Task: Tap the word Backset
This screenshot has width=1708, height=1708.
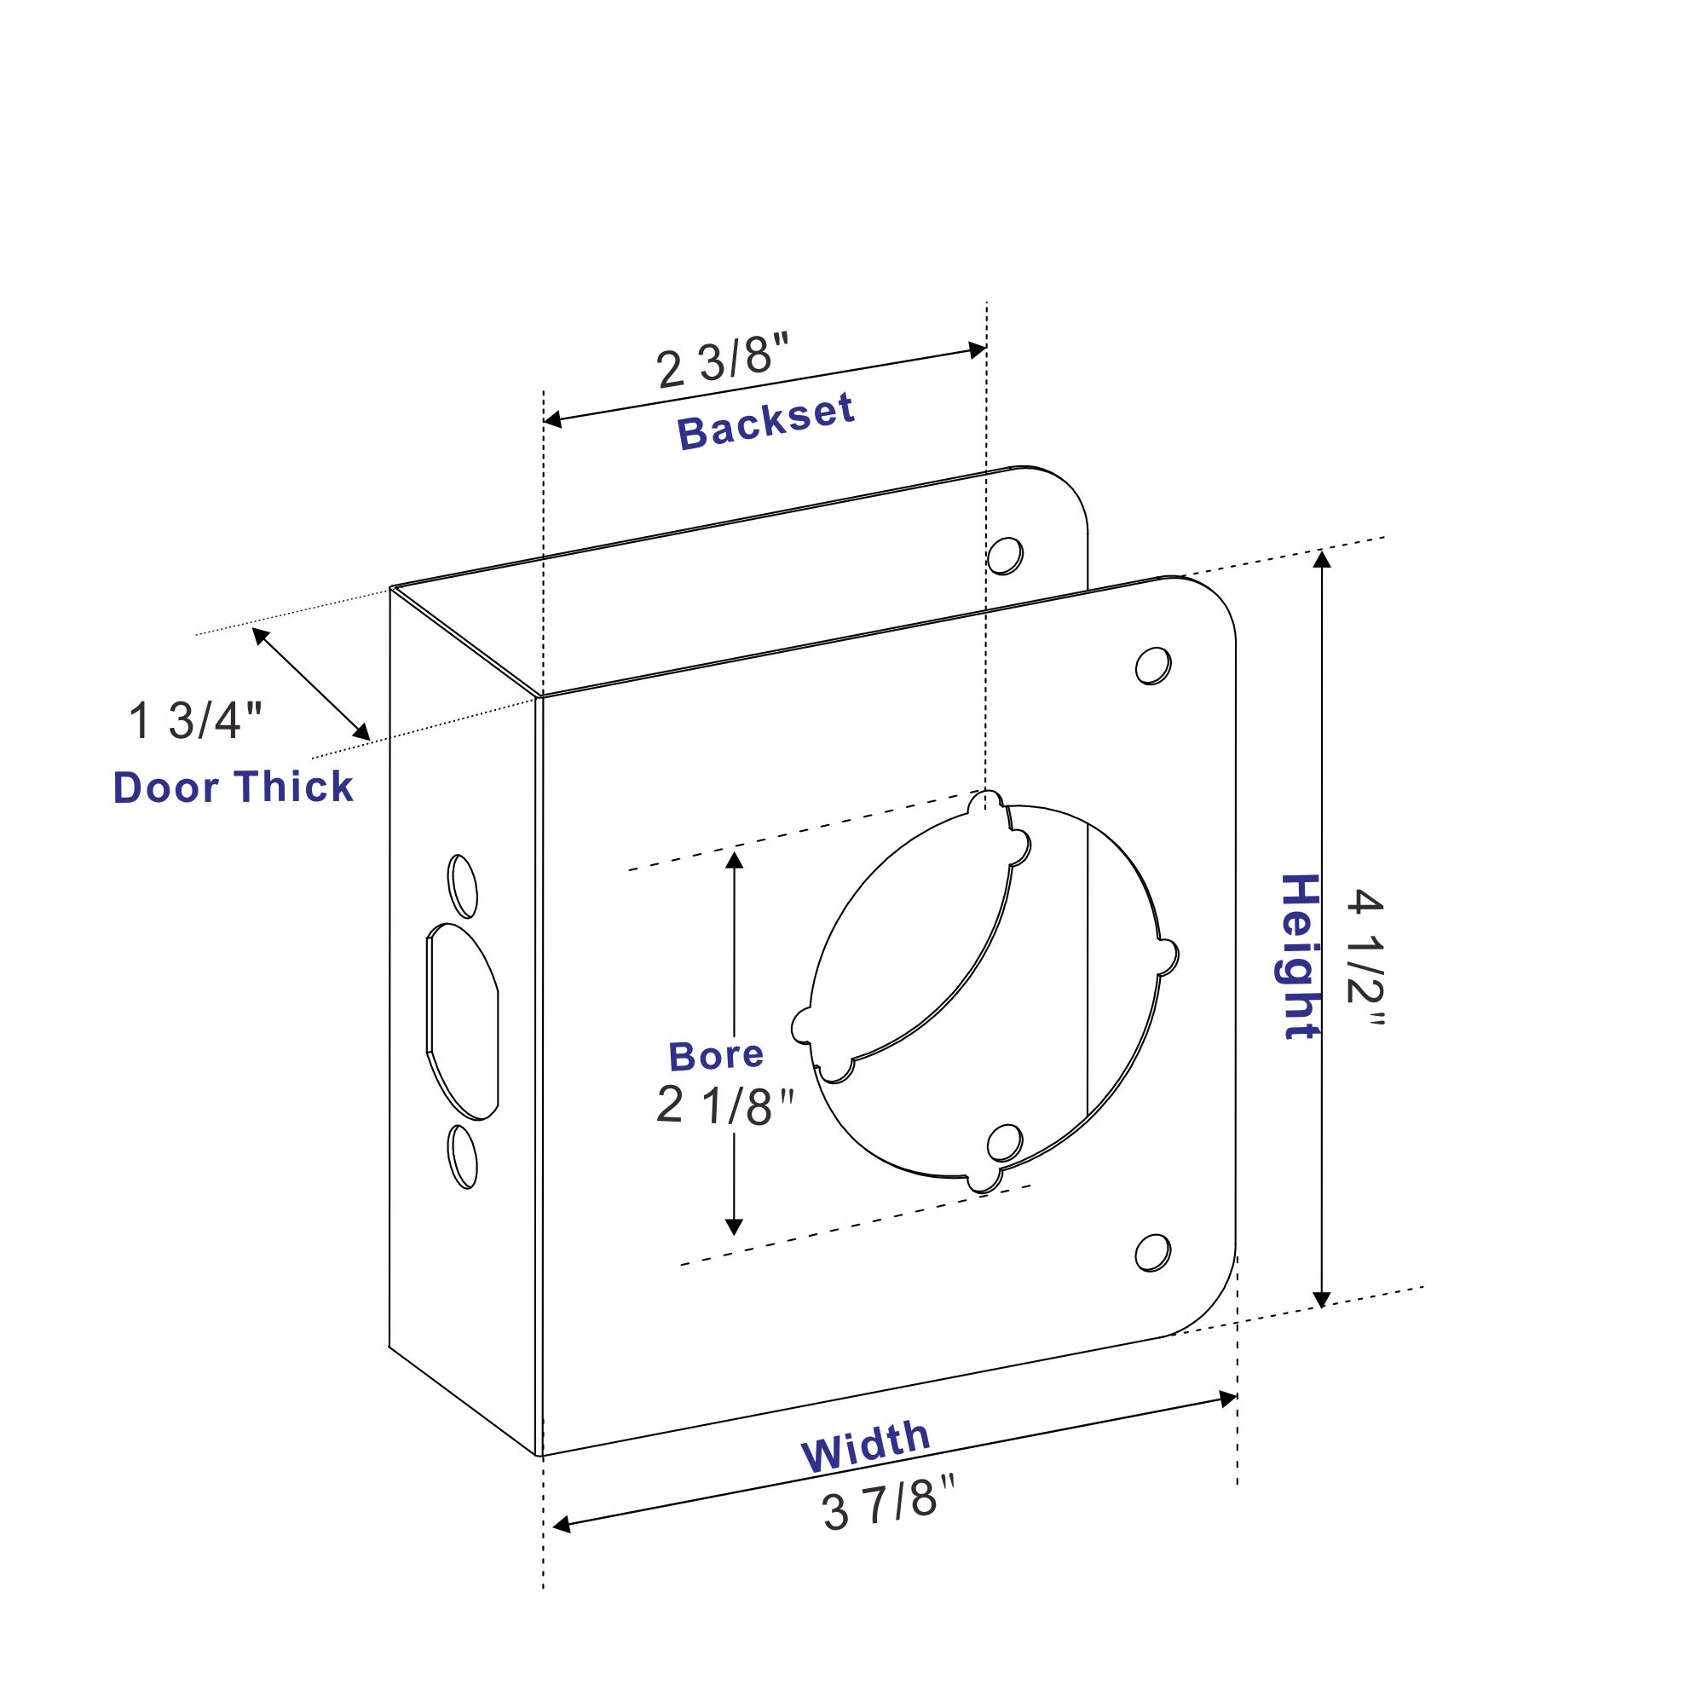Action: [765, 422]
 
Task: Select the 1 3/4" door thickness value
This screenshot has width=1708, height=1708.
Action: [195, 720]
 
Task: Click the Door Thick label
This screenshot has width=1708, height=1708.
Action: [234, 788]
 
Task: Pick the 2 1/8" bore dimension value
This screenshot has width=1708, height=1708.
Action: [725, 1105]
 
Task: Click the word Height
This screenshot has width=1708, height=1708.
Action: [1299, 956]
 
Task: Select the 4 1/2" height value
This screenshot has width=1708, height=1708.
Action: [1365, 958]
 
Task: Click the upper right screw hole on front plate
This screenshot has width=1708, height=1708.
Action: [1153, 666]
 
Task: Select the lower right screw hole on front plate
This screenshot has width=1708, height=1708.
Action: [1153, 1253]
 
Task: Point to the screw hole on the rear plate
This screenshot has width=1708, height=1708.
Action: [1005, 555]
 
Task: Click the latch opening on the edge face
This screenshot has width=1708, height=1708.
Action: [462, 1022]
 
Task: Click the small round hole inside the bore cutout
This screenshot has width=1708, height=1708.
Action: [1004, 1143]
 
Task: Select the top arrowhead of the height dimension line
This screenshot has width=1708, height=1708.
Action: [1322, 559]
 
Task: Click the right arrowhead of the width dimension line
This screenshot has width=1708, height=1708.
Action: [1228, 1399]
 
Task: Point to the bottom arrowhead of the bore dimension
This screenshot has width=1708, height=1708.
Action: [734, 1226]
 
